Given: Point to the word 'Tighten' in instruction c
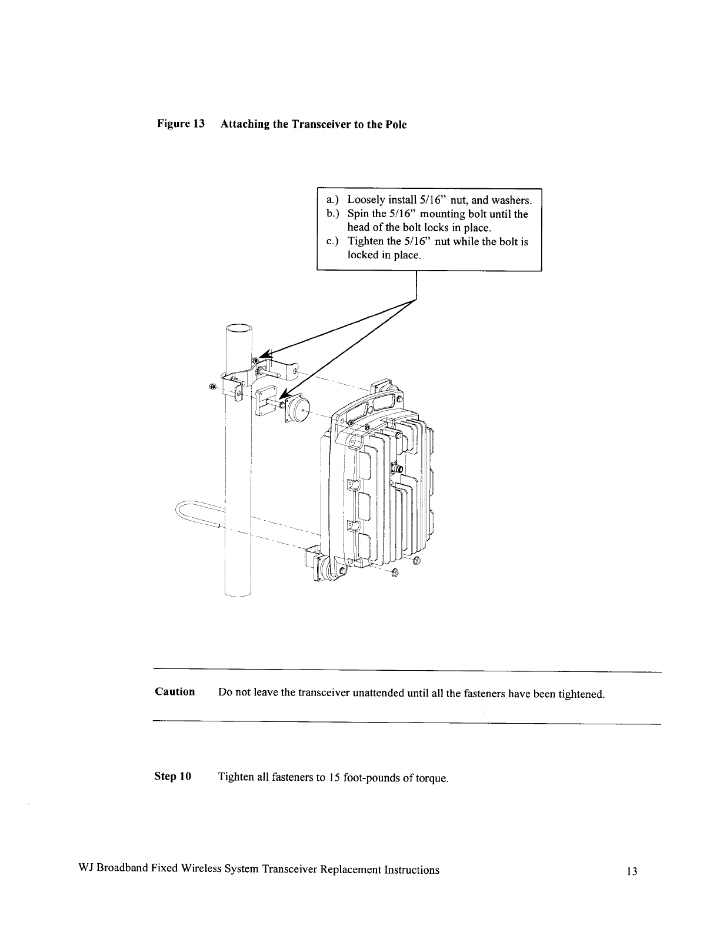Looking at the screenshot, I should point(366,242).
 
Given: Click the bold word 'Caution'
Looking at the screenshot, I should point(175,692).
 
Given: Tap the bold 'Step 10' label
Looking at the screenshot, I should point(172,777).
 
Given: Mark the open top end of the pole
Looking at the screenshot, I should point(239,329).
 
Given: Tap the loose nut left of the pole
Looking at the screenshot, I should point(213,386).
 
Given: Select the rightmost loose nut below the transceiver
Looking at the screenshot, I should point(417,560).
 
